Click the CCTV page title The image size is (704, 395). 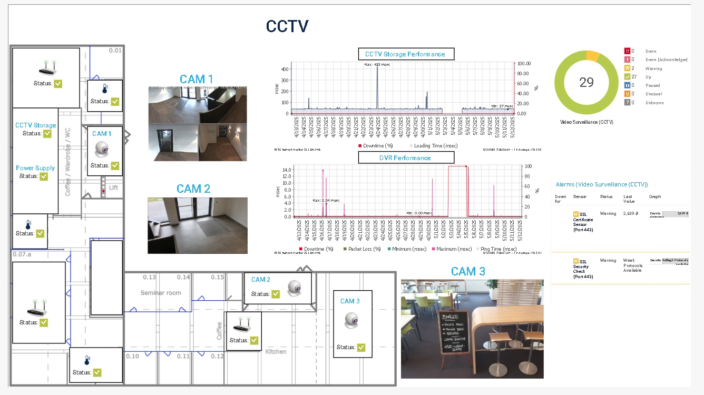[x=287, y=26]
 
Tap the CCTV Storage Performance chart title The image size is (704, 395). [x=405, y=54]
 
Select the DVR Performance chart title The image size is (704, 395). [x=405, y=157]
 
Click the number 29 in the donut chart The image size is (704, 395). [x=586, y=82]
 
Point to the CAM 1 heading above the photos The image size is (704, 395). [x=197, y=79]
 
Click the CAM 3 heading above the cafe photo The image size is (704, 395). [x=468, y=271]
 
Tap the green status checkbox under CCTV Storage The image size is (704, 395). [x=47, y=134]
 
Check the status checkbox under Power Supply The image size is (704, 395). [x=44, y=176]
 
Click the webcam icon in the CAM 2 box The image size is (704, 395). [x=294, y=287]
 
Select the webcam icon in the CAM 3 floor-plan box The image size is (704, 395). [x=351, y=320]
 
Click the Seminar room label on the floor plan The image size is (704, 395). [x=161, y=293]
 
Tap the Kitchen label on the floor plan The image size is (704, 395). [x=276, y=351]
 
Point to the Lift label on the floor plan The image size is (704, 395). [x=114, y=187]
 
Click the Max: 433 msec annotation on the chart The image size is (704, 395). [x=377, y=64]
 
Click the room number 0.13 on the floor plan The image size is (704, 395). [x=150, y=277]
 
